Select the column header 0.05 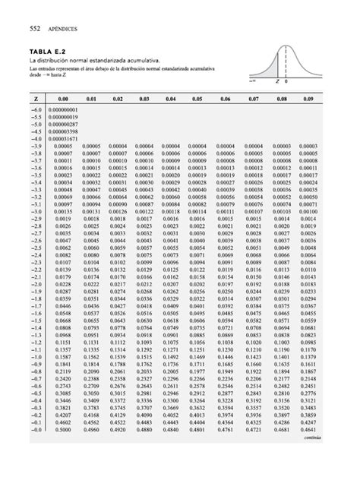click(197, 99)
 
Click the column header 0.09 click(308, 99)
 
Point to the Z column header click(36, 99)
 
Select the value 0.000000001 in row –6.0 click(63, 110)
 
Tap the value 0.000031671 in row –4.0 click(63, 139)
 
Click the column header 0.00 click(63, 99)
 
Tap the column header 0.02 click(116, 99)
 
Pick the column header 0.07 click(253, 99)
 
